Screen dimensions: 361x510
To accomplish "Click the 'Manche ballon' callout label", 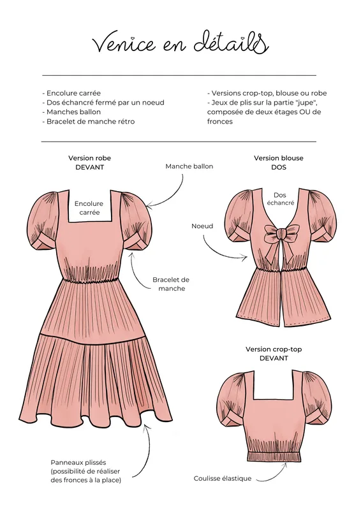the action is pyautogui.click(x=189, y=166).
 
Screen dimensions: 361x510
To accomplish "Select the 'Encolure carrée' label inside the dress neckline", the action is pyautogui.click(x=89, y=208).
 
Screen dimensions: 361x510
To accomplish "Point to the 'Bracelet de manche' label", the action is pyautogui.click(x=171, y=284).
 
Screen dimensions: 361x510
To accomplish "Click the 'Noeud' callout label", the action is pyautogui.click(x=202, y=226).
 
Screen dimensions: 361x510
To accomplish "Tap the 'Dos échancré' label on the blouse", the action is pyautogui.click(x=280, y=199).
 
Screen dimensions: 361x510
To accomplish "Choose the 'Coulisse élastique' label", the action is pyautogui.click(x=223, y=479).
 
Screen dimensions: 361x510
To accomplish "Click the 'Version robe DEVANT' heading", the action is pyautogui.click(x=89, y=163).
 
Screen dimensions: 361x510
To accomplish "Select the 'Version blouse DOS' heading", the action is pyautogui.click(x=278, y=163).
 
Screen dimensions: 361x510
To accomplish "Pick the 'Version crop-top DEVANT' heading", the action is pyautogui.click(x=274, y=354).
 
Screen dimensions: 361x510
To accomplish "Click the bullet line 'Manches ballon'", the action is pyautogui.click(x=71, y=112).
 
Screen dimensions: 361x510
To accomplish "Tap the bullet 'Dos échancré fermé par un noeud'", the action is pyautogui.click(x=103, y=103).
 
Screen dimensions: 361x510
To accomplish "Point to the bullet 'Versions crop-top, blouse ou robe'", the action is pyautogui.click(x=267, y=93).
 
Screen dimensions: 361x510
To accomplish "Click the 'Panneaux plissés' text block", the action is pyautogui.click(x=85, y=471).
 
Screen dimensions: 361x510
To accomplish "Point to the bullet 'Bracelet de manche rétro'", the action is pyautogui.click(x=88, y=121).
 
